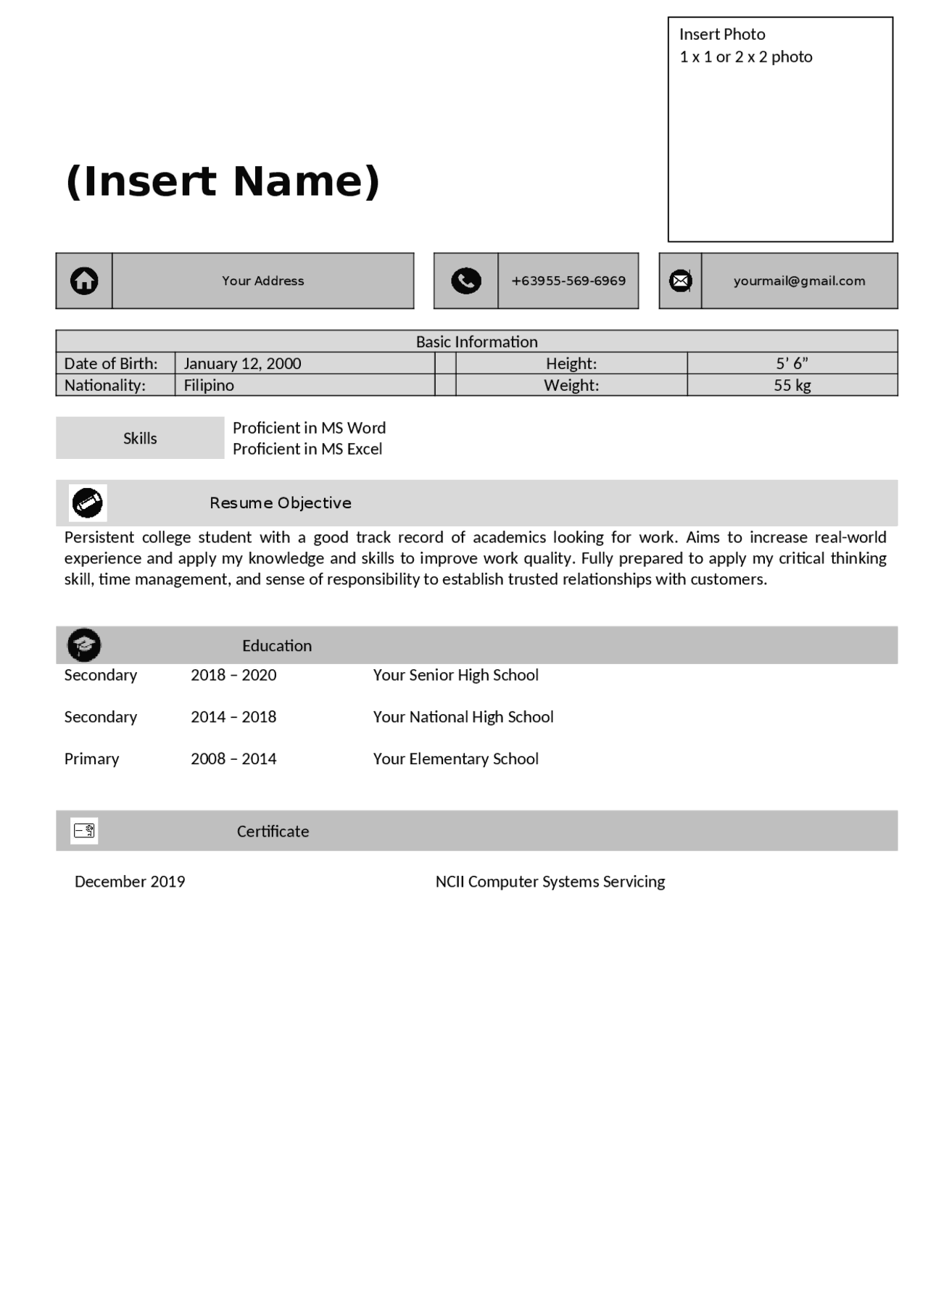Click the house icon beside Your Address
pos(84,281)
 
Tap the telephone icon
pos(465,281)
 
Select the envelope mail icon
pos(680,281)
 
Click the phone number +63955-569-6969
pos(568,281)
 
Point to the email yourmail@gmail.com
pos(799,281)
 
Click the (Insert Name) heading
pos(223,181)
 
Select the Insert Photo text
pos(722,34)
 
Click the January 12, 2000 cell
pos(242,363)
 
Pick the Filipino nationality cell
pos(209,385)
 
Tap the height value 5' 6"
pos(792,363)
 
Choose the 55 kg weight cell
pos(792,385)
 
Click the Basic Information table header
pos(476,341)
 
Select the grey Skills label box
pos(140,438)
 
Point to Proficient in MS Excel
pos(307,449)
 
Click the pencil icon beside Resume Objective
pos(88,502)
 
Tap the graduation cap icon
pos(84,645)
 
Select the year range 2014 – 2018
pos(233,716)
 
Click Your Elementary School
pos(455,758)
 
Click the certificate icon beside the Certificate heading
pos(84,830)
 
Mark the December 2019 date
pos(130,881)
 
